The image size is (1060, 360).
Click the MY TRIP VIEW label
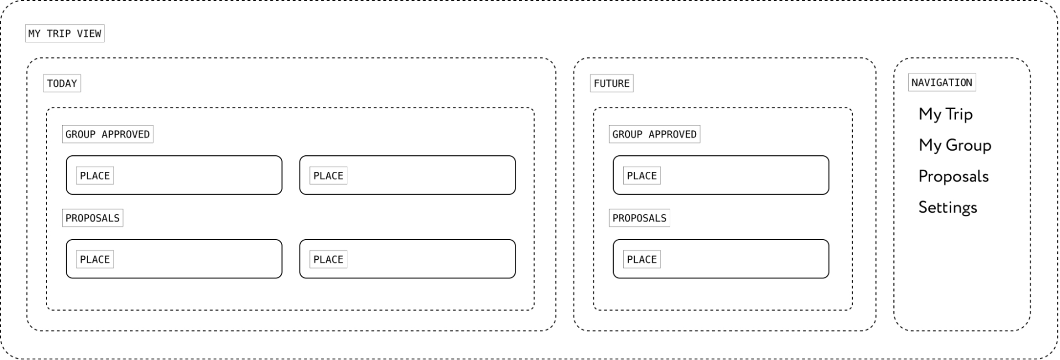(x=65, y=33)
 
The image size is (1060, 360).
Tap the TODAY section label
(x=62, y=83)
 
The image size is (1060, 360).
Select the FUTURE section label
(x=611, y=83)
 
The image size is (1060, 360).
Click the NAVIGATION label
(x=942, y=82)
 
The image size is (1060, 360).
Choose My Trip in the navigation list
(x=945, y=114)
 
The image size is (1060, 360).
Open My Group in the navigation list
(x=954, y=145)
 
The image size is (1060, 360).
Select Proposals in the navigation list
(x=953, y=176)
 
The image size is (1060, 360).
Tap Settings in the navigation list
(x=948, y=207)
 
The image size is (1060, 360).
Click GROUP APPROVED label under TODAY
(x=108, y=134)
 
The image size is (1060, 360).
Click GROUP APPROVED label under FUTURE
(x=654, y=134)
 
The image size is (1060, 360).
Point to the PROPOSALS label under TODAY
(x=93, y=218)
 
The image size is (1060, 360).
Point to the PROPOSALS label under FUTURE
(x=639, y=218)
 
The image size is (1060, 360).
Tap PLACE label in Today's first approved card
(x=95, y=175)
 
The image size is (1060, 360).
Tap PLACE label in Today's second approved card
(x=328, y=175)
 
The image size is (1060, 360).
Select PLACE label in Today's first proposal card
(x=95, y=259)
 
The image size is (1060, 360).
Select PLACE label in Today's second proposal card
(x=328, y=259)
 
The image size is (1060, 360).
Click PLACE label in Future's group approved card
(x=642, y=175)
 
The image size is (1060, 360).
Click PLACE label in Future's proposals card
(x=642, y=259)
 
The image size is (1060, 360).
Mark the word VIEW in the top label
(x=89, y=33)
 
